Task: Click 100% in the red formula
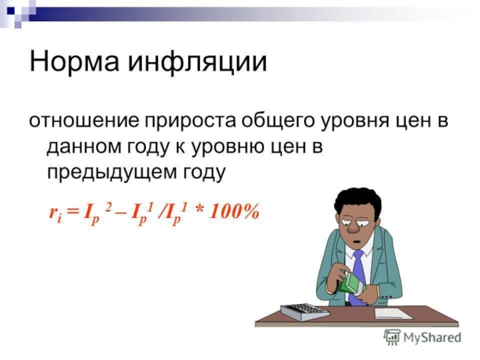(x=235, y=211)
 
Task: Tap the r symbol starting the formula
(x=52, y=212)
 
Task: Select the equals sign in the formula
(x=73, y=212)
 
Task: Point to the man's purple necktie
(x=358, y=273)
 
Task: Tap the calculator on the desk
(x=305, y=311)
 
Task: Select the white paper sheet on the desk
(x=393, y=313)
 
